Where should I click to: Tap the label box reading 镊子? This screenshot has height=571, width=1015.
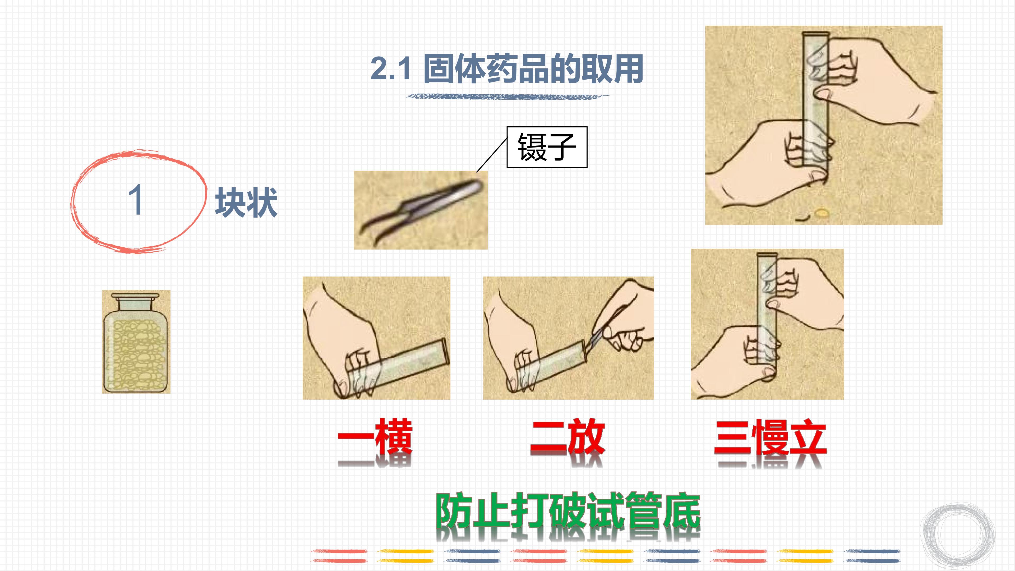pos(547,147)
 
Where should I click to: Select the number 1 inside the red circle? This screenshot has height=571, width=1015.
pos(135,200)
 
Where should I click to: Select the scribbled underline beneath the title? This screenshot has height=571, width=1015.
pos(507,96)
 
